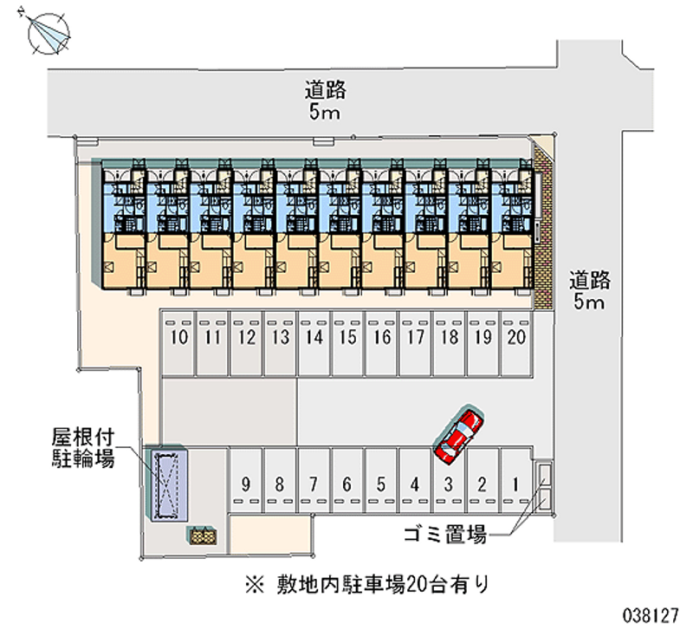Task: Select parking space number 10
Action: (179, 338)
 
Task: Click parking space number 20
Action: (515, 338)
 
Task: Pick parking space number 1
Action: (515, 484)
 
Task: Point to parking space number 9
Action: (246, 484)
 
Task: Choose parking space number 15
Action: (347, 338)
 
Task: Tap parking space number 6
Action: (346, 484)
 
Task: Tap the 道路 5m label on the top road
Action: (325, 101)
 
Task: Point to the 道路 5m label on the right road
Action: (590, 291)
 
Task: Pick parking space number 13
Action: (280, 338)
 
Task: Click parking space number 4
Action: (414, 484)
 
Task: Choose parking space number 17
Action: (414, 338)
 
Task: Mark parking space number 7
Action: (314, 484)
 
